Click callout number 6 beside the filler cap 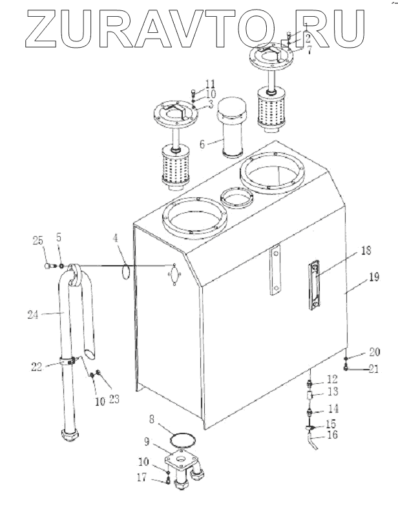[202, 144]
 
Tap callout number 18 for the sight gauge [366, 251]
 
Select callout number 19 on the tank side [374, 277]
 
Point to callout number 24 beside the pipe [33, 315]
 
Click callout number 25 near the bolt [38, 241]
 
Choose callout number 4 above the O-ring [116, 238]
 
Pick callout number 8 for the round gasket [152, 419]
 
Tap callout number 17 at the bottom [141, 477]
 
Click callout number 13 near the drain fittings [333, 392]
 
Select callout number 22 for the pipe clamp [37, 366]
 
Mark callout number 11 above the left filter [210, 85]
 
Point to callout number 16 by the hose [333, 435]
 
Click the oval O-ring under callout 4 [126, 272]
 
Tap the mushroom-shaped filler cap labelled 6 [231, 128]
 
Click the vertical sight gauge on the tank [315, 285]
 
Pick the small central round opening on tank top [237, 197]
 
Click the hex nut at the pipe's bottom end [70, 434]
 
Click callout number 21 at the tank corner [373, 369]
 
